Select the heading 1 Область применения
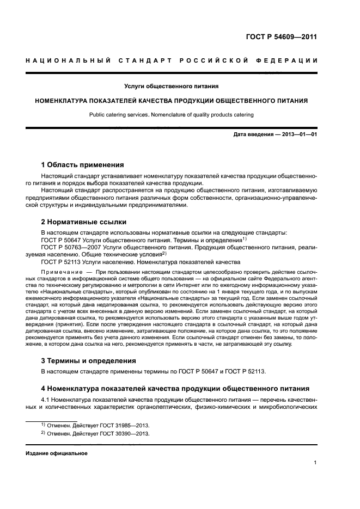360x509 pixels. tap(83, 164)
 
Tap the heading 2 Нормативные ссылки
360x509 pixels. tap(84, 222)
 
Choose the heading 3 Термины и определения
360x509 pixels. tap(89, 360)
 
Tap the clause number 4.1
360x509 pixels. tap(47, 399)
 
